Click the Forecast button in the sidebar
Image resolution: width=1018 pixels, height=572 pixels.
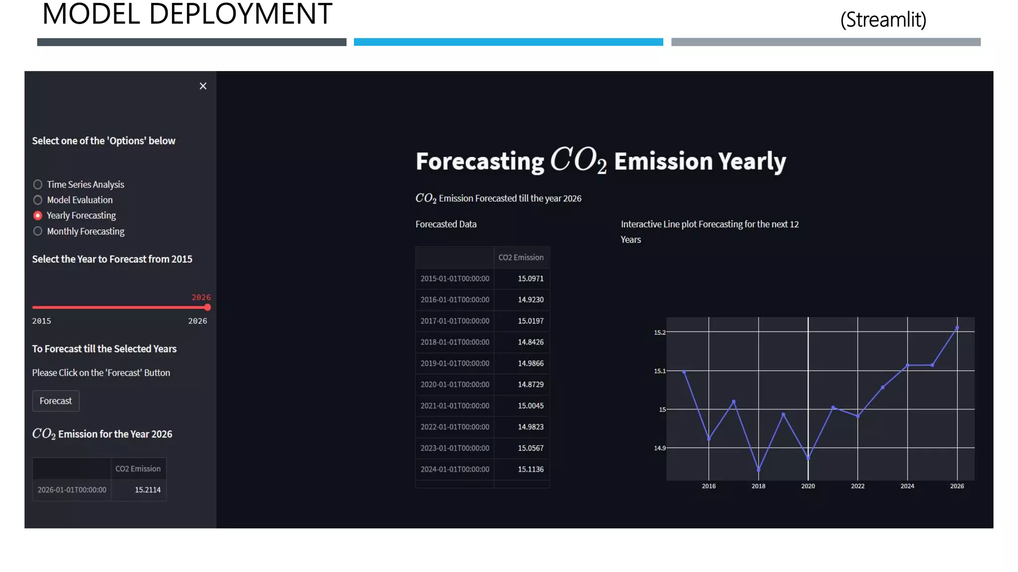pos(56,401)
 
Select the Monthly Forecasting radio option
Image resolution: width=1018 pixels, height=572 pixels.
pos(38,231)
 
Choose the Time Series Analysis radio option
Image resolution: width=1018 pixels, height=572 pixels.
pos(38,185)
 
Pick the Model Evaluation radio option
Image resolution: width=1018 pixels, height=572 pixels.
pos(38,200)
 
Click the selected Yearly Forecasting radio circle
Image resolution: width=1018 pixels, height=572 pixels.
pos(38,215)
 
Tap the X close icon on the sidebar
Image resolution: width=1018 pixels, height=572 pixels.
pos(203,86)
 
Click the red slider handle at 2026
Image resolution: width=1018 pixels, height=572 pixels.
pos(207,307)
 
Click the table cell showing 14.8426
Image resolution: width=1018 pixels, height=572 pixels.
pos(530,342)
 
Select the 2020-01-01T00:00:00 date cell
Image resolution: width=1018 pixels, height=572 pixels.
pos(455,384)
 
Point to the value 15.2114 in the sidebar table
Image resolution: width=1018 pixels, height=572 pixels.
pos(148,490)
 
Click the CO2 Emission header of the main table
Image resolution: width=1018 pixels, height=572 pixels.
pos(520,257)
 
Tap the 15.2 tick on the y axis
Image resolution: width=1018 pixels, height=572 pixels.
pos(660,332)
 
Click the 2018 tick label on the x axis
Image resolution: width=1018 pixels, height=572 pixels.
pos(758,486)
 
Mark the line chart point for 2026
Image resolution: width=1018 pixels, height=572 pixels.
pos(957,328)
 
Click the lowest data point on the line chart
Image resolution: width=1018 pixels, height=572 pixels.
pos(759,469)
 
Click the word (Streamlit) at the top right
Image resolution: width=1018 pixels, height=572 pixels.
pos(883,20)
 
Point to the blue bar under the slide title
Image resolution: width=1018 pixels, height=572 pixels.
pos(508,42)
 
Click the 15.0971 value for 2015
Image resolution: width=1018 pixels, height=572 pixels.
pos(530,279)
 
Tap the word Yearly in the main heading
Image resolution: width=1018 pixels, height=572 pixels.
pos(752,161)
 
